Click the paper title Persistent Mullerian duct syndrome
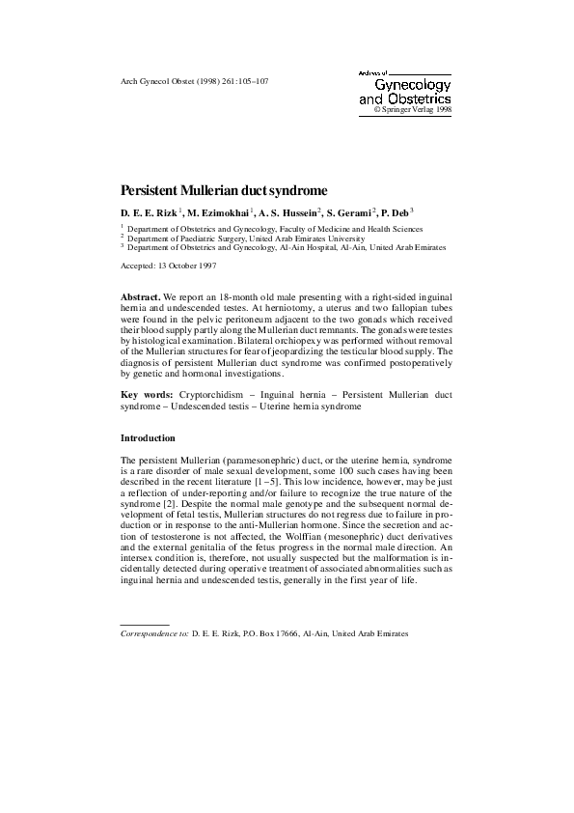[224, 191]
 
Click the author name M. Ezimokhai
[218, 210]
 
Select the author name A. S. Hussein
[288, 210]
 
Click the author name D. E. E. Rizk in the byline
[149, 210]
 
